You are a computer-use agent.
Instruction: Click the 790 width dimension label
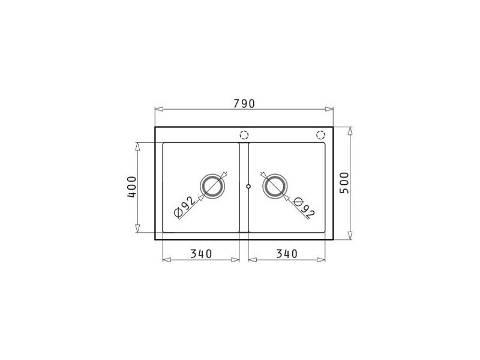[244, 103]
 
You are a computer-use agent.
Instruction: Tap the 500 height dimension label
[344, 183]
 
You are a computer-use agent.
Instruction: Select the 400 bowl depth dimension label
[131, 187]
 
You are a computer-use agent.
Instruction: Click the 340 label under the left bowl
[201, 253]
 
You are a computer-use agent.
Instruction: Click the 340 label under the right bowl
[287, 253]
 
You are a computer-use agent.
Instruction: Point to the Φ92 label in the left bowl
[184, 206]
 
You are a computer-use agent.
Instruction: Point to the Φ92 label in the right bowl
[304, 209]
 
